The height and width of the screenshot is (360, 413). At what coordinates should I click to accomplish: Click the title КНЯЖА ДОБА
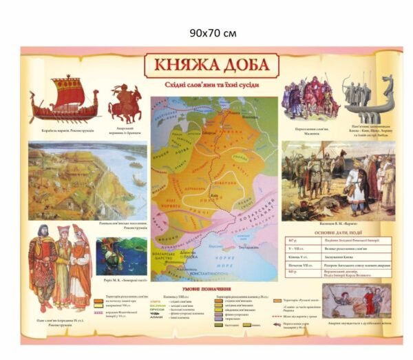pos(211,66)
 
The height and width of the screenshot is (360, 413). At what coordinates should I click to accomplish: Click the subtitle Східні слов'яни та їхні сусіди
pos(211,85)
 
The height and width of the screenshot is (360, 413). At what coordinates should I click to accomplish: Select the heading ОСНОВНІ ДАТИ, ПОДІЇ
pos(338,232)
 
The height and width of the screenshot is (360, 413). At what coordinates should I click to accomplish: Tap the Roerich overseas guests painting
pos(121,255)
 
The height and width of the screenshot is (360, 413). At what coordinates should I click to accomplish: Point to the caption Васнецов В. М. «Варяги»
pos(338,223)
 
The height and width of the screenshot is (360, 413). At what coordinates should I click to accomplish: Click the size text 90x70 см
pos(213,32)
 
